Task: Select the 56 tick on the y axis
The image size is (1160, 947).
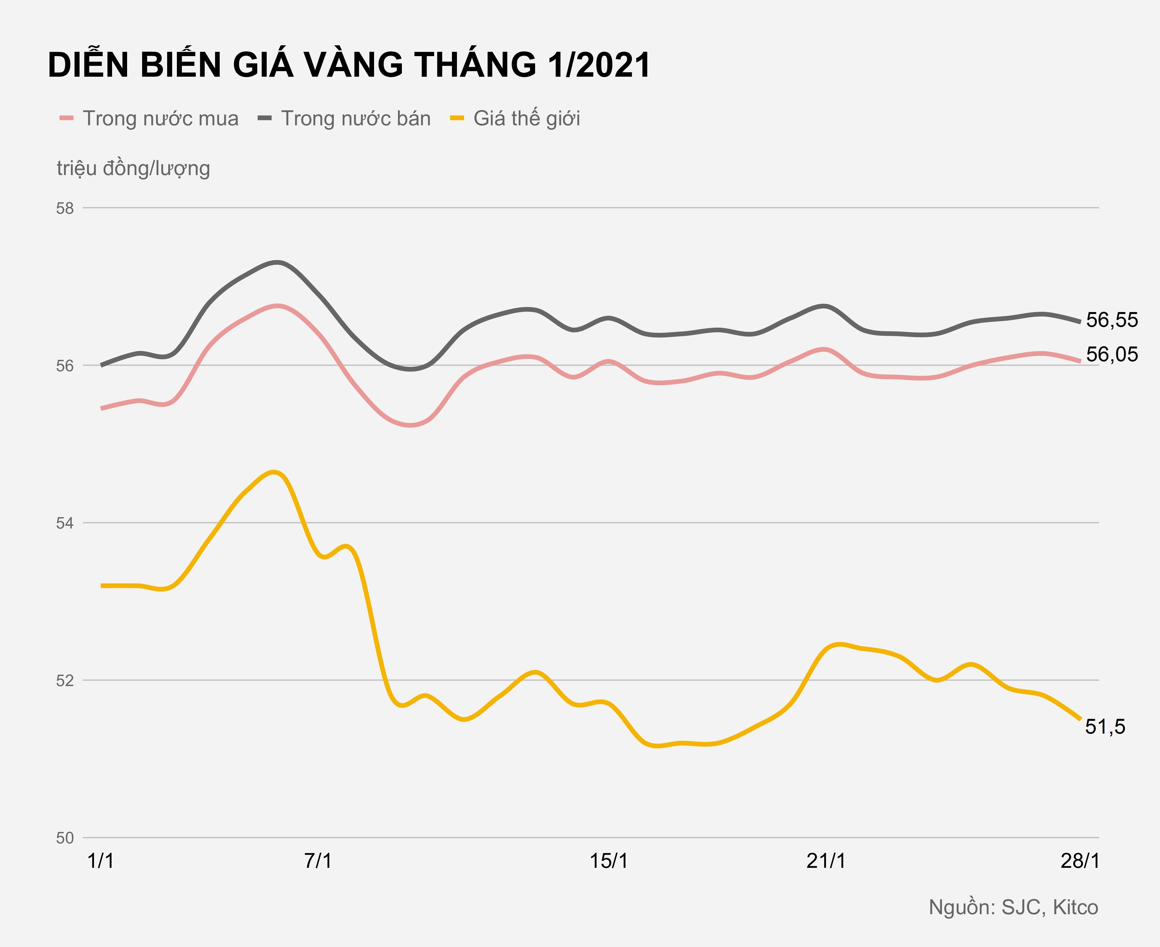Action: point(65,366)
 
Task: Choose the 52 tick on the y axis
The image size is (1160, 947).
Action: point(65,681)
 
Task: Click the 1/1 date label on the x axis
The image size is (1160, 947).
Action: point(101,861)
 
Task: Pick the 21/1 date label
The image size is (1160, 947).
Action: point(826,861)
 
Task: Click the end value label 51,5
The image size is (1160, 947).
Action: point(1105,727)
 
